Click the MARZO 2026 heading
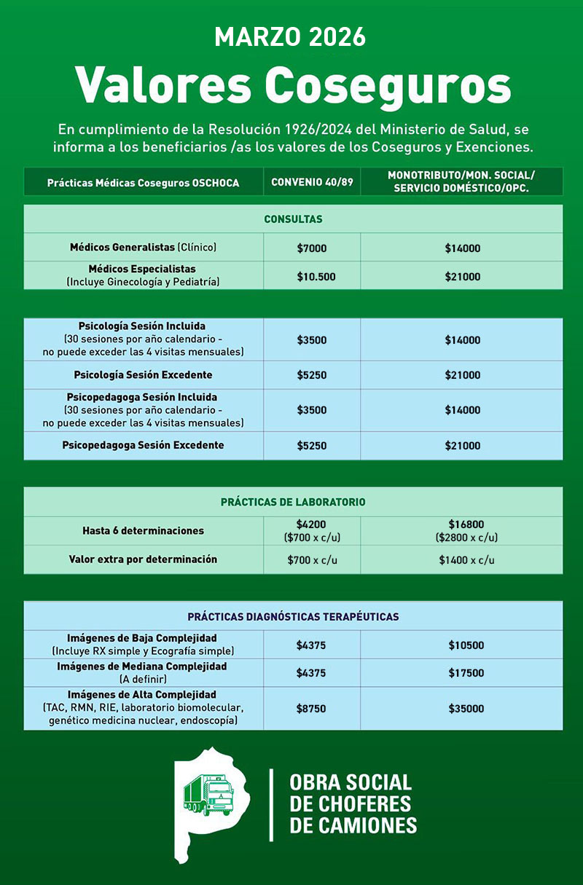pyautogui.click(x=290, y=36)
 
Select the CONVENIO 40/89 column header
pyautogui.click(x=312, y=182)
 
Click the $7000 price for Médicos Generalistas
pyautogui.click(x=312, y=248)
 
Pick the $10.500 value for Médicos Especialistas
pyautogui.click(x=312, y=276)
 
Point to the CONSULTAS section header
pyautogui.click(x=293, y=219)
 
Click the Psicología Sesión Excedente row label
pyautogui.click(x=143, y=375)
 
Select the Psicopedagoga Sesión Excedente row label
pyautogui.click(x=143, y=445)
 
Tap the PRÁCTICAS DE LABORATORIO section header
pyautogui.click(x=293, y=503)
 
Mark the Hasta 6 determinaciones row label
pyautogui.click(x=143, y=531)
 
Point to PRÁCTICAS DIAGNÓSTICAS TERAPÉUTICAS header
pyautogui.click(x=293, y=617)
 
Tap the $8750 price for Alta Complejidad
pyautogui.click(x=312, y=709)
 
